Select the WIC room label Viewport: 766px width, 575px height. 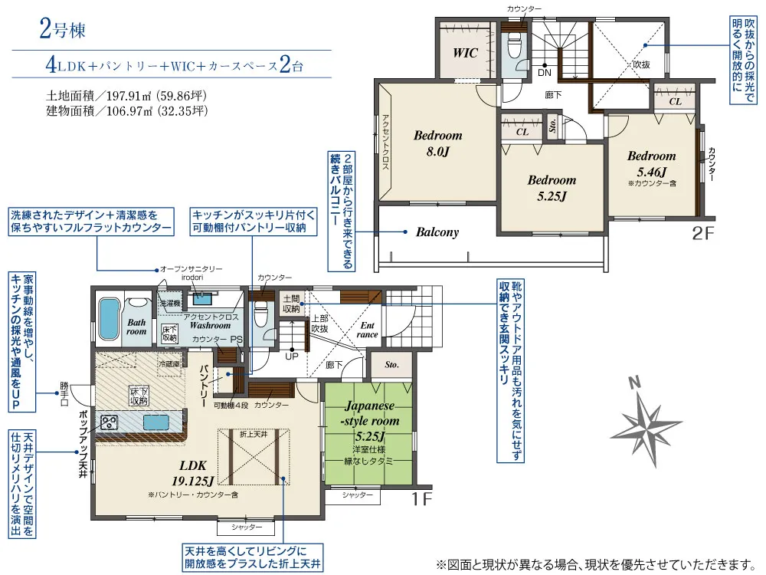[x=465, y=53]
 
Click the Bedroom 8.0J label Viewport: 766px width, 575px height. [x=437, y=143]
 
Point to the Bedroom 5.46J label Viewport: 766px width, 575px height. [x=651, y=163]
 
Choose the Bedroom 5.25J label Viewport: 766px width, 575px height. [x=552, y=188]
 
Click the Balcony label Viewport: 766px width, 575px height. [x=437, y=232]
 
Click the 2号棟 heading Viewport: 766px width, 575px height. [x=61, y=31]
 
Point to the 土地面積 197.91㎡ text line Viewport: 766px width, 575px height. [x=127, y=96]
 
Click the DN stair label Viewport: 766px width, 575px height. [x=544, y=73]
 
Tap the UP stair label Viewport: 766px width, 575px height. [x=292, y=356]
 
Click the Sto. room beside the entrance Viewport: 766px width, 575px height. [x=391, y=366]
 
